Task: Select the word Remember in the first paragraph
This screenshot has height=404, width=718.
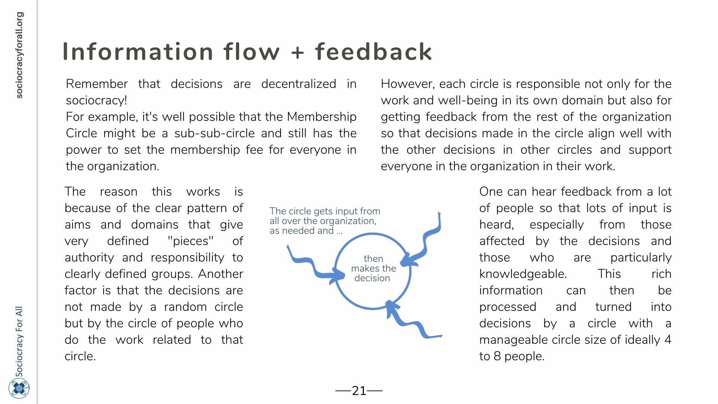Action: point(97,84)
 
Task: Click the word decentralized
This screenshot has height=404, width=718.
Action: point(298,84)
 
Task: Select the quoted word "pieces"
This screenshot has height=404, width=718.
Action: point(191,241)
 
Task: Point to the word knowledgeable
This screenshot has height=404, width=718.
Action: point(523,274)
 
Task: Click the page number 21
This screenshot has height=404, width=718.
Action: point(359,391)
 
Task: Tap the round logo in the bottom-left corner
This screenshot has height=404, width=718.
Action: point(19,388)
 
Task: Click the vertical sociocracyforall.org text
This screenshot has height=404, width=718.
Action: point(19,55)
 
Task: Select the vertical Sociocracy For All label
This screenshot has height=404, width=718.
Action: point(19,342)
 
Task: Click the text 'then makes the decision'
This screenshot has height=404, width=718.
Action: point(373,269)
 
